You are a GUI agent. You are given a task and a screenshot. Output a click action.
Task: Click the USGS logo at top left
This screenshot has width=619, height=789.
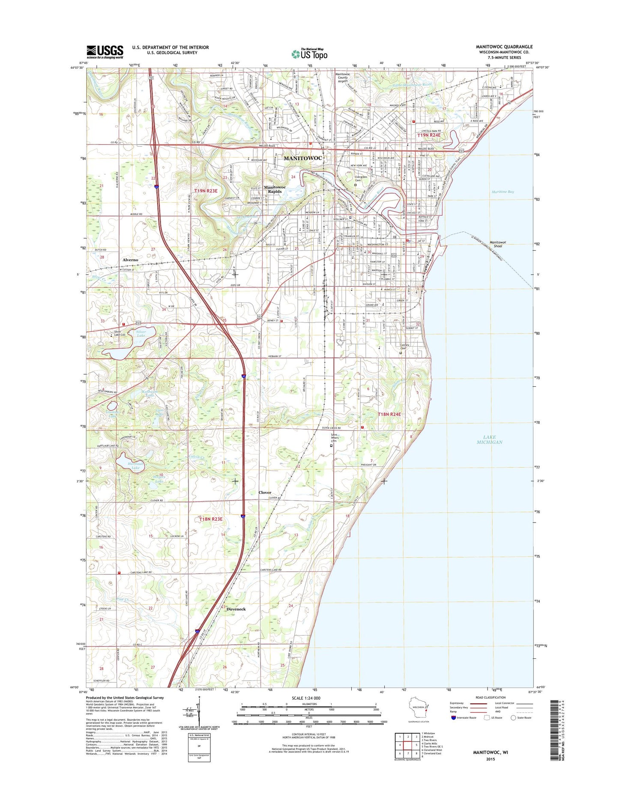coord(105,52)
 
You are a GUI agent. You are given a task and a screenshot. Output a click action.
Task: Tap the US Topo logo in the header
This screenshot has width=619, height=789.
coord(309,54)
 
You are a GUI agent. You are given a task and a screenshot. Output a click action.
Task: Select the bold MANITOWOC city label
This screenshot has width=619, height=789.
coord(302,158)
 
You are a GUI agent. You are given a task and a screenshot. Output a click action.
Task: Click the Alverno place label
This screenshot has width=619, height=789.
coord(130,260)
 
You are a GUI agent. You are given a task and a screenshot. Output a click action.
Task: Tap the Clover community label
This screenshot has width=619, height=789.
coord(265,493)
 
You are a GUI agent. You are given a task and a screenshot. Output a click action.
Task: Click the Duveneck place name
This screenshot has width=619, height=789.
coord(236,609)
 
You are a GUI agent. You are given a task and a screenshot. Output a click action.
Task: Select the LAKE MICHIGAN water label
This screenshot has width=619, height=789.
coord(489,439)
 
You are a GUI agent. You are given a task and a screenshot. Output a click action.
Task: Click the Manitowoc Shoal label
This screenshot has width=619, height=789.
coord(498,244)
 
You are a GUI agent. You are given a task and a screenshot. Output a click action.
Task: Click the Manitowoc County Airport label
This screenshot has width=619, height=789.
coord(343,78)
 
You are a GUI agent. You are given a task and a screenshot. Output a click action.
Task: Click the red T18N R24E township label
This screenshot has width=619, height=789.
coord(389,414)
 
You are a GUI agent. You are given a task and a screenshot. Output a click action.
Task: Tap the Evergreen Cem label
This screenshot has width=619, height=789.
coord(361,179)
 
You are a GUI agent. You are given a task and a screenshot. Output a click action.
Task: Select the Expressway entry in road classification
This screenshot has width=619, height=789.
coord(458,703)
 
